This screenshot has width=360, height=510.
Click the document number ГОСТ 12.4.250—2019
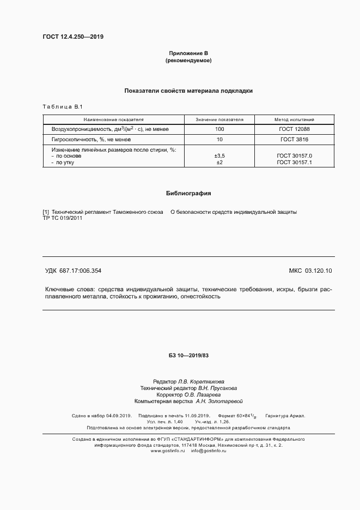click(73, 37)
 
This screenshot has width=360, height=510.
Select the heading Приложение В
click(188, 53)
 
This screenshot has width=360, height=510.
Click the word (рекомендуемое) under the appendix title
click(188, 61)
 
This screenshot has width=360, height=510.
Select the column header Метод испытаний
click(295, 119)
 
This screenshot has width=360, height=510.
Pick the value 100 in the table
click(219, 129)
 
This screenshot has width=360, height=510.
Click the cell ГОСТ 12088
click(295, 129)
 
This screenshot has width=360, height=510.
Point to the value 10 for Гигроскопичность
click(219, 140)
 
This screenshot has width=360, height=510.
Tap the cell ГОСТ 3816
click(295, 140)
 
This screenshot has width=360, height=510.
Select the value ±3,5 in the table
click(219, 156)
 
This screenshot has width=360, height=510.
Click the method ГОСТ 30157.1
click(295, 162)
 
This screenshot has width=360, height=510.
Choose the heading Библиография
click(188, 193)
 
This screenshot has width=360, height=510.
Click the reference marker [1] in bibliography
click(46, 212)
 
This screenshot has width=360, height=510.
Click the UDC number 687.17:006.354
click(81, 271)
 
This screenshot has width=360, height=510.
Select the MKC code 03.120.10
click(322, 271)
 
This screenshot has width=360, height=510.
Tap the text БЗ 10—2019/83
click(188, 356)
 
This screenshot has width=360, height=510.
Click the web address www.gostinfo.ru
click(168, 451)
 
